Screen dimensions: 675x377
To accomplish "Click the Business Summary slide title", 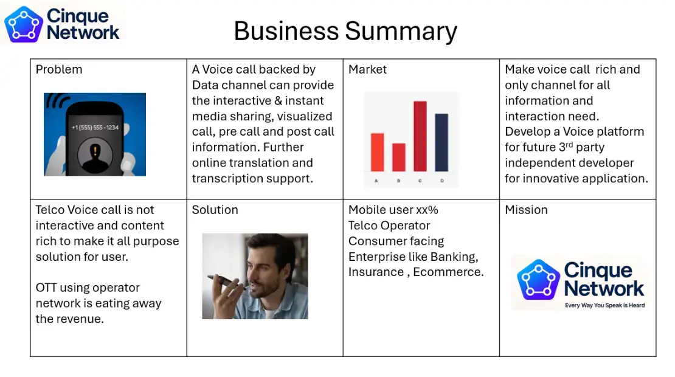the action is [x=345, y=31].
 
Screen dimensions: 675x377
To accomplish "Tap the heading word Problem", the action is [x=59, y=69].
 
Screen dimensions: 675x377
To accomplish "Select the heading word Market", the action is [x=368, y=69].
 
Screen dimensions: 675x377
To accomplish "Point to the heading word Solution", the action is [x=215, y=210].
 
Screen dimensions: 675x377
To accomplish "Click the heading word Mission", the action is [x=526, y=210].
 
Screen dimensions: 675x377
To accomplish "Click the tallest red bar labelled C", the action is [x=420, y=136].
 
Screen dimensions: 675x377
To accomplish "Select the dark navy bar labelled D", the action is [x=441, y=142].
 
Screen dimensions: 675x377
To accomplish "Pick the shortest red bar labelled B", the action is [x=399, y=157].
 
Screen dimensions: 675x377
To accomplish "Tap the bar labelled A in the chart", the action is [x=377, y=153].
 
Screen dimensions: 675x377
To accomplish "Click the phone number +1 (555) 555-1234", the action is [x=95, y=127].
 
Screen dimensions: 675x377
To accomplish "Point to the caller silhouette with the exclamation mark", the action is [x=95, y=155].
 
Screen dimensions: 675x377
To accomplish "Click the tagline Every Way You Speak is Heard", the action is [x=605, y=305].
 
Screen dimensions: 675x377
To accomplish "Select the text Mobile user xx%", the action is [x=393, y=210].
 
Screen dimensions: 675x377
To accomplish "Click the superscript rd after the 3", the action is [x=569, y=145].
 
